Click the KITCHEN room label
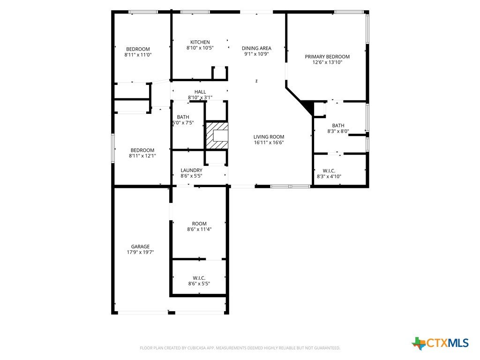click(x=200, y=42)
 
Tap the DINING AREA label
click(x=256, y=48)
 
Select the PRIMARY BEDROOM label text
click(x=327, y=57)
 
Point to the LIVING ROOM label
click(x=269, y=137)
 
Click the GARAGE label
click(x=140, y=247)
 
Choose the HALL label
click(x=200, y=92)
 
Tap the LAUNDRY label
click(x=191, y=170)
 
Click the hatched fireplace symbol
click(x=217, y=135)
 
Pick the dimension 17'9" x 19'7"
click(x=140, y=252)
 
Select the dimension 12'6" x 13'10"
click(x=327, y=62)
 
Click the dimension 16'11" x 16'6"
click(x=269, y=142)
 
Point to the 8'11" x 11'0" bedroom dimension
click(x=138, y=55)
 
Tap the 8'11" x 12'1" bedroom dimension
click(x=142, y=156)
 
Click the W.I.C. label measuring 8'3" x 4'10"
click(x=329, y=171)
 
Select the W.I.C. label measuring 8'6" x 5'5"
click(x=199, y=278)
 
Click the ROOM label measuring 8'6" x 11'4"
click(x=199, y=224)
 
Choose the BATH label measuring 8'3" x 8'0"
click(x=338, y=126)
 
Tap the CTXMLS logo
click(x=440, y=343)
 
